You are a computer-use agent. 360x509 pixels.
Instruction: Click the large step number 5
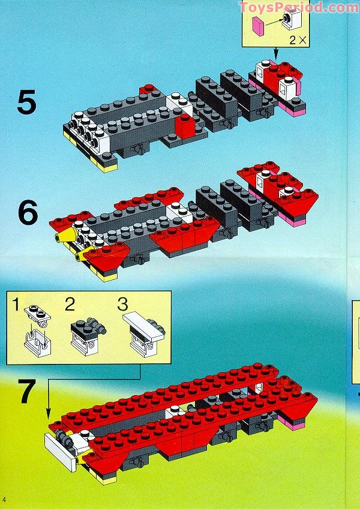click(x=26, y=102)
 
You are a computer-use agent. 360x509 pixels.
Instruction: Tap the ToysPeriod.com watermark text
click(x=299, y=7)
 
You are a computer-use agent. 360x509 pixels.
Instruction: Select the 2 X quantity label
click(x=298, y=40)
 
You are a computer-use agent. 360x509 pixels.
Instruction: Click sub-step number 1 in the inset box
click(x=16, y=304)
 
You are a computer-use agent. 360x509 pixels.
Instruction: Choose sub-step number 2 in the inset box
click(x=70, y=304)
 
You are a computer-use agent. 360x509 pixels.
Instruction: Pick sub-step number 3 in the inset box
click(x=122, y=304)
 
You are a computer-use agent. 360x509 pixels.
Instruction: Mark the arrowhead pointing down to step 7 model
click(x=48, y=414)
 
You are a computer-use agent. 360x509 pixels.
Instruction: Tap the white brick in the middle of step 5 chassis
click(x=179, y=103)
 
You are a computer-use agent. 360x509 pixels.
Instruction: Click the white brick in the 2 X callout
click(x=292, y=19)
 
